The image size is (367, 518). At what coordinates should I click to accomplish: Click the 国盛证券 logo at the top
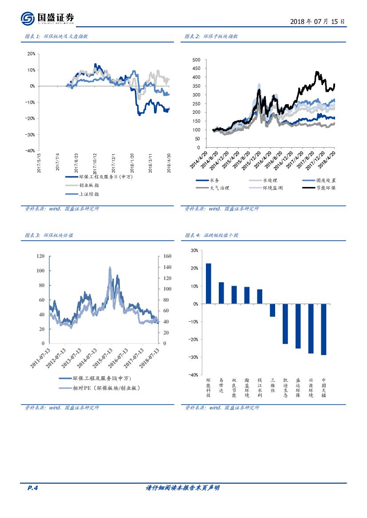point(47,18)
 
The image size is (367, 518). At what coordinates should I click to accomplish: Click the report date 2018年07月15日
point(317,21)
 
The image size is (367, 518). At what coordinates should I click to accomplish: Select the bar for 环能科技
point(209,284)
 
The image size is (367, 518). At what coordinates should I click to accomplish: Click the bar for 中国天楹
point(324,329)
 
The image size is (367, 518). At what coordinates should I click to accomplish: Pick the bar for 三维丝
point(272,310)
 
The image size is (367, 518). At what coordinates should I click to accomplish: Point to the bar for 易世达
point(221,293)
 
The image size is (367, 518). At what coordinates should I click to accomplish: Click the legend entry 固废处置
point(320,180)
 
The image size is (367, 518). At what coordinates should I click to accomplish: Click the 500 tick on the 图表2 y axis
point(196,59)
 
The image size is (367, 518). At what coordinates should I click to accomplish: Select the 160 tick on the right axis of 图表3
point(167,256)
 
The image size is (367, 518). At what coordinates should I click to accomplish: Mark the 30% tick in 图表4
point(194,250)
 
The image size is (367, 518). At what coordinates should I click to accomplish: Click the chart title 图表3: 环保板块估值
point(49,235)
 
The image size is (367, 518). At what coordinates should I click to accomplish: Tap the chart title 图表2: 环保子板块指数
point(211,36)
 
